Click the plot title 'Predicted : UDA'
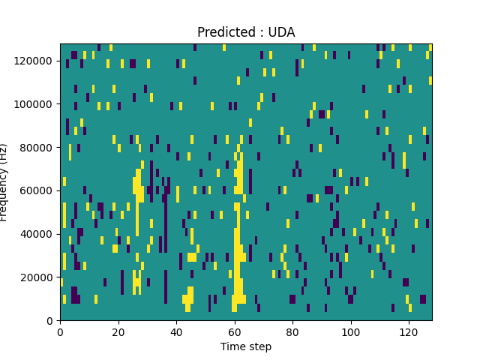(246, 32)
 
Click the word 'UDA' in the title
(281, 32)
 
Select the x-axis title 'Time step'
(246, 346)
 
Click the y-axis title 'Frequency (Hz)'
(4, 182)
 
